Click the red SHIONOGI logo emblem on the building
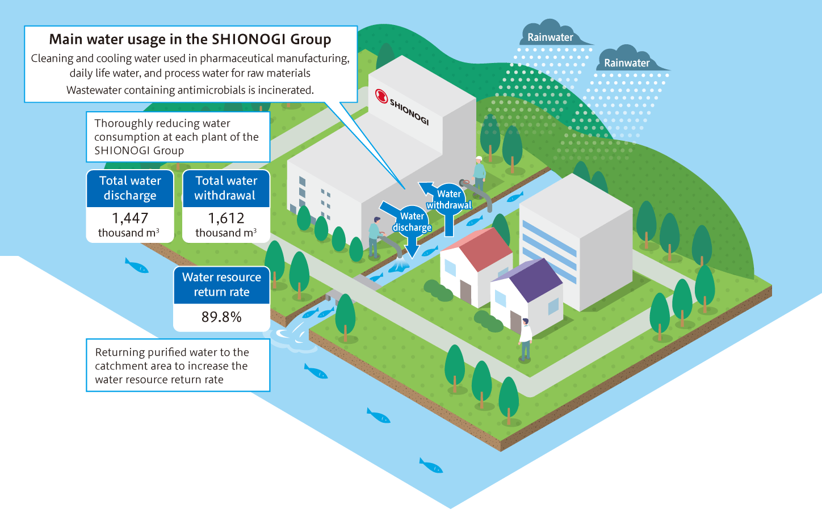381,96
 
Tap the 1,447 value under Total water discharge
130,218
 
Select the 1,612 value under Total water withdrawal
226,218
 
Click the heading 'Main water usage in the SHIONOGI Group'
190,39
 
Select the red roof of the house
480,247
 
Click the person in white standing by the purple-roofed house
525,340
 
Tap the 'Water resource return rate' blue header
221,284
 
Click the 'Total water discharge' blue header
130,188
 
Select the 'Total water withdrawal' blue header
226,188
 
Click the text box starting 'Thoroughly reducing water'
178,137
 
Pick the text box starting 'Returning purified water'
178,365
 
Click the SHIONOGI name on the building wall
409,112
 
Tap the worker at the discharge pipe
374,237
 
